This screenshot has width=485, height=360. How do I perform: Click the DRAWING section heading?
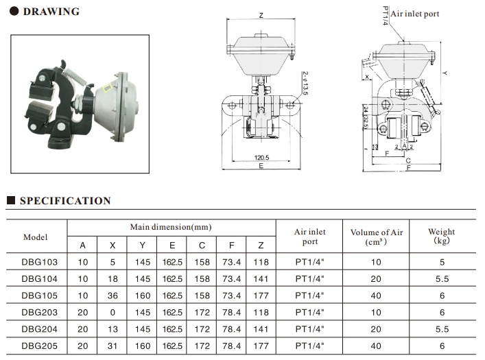(x=51, y=12)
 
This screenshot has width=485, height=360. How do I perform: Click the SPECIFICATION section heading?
(x=65, y=201)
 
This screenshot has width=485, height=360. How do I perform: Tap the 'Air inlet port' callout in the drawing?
(x=414, y=14)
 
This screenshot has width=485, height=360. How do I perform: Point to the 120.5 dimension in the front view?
(x=261, y=157)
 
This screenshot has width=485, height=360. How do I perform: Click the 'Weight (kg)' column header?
(x=441, y=236)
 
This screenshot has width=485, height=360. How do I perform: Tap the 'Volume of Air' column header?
(x=377, y=236)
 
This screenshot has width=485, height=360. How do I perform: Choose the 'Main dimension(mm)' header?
(x=171, y=227)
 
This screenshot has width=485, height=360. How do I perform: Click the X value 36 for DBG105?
(x=113, y=296)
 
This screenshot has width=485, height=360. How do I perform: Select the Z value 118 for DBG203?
(x=261, y=312)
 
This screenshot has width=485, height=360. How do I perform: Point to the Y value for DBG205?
(x=142, y=346)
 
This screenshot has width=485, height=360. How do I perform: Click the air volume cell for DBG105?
(x=376, y=296)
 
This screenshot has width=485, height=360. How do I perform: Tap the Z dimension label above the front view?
(x=261, y=15)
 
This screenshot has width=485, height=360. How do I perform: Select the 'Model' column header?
(x=36, y=237)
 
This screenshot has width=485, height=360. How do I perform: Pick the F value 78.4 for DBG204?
(x=232, y=329)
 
